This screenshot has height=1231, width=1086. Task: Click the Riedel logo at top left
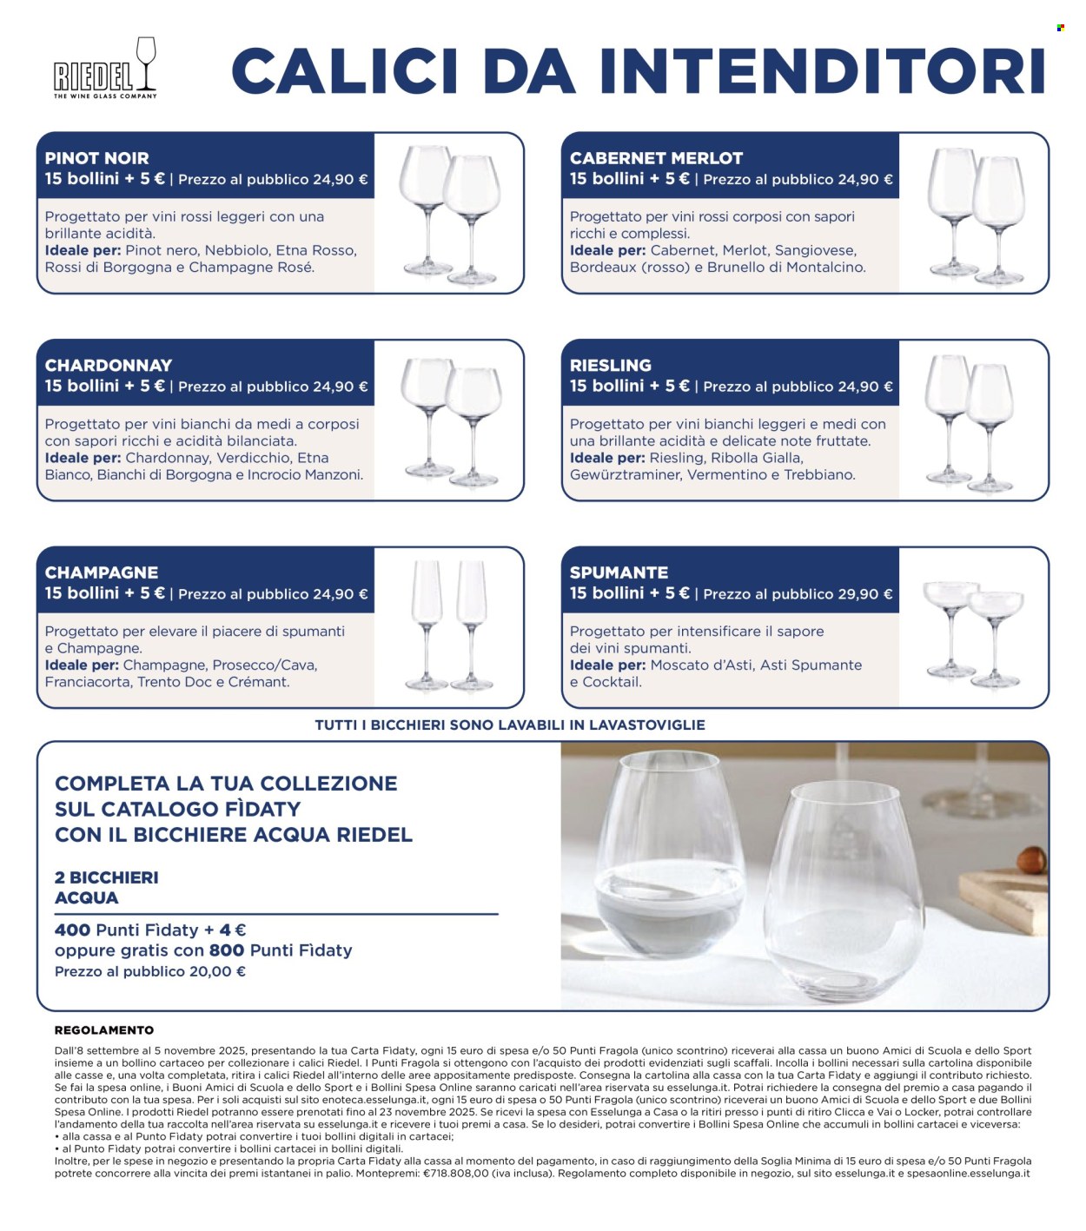pos(105,68)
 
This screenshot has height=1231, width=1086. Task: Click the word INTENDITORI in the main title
pos(822,71)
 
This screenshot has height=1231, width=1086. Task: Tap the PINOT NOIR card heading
pos(96,158)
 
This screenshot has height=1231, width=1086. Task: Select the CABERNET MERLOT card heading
pos(656,158)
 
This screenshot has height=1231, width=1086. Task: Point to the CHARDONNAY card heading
pos(109,365)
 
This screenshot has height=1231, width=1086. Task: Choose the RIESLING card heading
pos(610,365)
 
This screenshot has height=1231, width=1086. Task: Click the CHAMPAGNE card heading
pos(101,572)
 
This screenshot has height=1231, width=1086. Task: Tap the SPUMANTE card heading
pos(619,572)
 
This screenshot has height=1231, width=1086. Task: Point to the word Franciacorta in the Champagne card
pos(87,682)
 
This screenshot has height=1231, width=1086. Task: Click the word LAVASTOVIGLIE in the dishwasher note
pos(647,725)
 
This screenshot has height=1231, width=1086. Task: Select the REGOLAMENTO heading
pos(104,1029)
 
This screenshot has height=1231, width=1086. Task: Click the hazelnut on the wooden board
pos(1030,860)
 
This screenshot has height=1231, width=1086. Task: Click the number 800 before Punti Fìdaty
pos(227,950)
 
